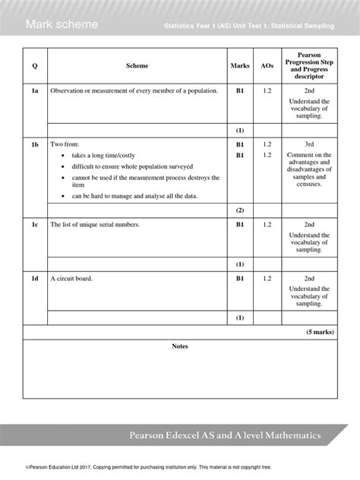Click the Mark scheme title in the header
[62, 25]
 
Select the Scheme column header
[137, 66]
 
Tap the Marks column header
[239, 66]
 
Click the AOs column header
[267, 66]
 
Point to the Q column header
[35, 66]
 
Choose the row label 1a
[35, 90]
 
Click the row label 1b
[35, 144]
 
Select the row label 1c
[35, 225]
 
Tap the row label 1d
[35, 279]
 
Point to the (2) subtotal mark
[239, 210]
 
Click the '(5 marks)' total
[317, 333]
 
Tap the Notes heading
[180, 346]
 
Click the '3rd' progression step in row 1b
[309, 144]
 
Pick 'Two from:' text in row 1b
[64, 144]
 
